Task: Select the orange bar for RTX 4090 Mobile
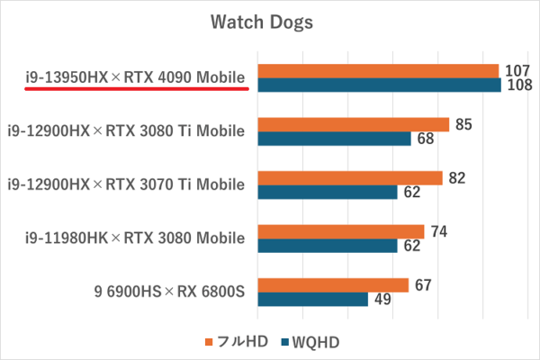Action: pyautogui.click(x=378, y=71)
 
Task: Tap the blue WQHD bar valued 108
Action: pyautogui.click(x=379, y=85)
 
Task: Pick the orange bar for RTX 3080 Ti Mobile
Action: pyautogui.click(x=353, y=124)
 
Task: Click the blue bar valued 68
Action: pyautogui.click(x=334, y=139)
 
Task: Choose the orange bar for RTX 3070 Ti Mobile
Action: pyautogui.click(x=350, y=178)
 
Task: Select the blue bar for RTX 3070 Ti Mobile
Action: pyautogui.click(x=328, y=193)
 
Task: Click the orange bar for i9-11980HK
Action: pyautogui.click(x=341, y=231)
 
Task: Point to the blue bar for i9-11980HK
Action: pyautogui.click(x=328, y=246)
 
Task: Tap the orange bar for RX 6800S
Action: pyautogui.click(x=333, y=285)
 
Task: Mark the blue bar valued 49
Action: pyautogui.click(x=312, y=300)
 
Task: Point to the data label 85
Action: pyautogui.click(x=463, y=124)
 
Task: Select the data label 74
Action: pyautogui.click(x=439, y=231)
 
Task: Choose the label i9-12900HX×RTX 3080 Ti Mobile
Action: pyautogui.click(x=126, y=131)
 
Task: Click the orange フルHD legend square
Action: pyautogui.click(x=210, y=342)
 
